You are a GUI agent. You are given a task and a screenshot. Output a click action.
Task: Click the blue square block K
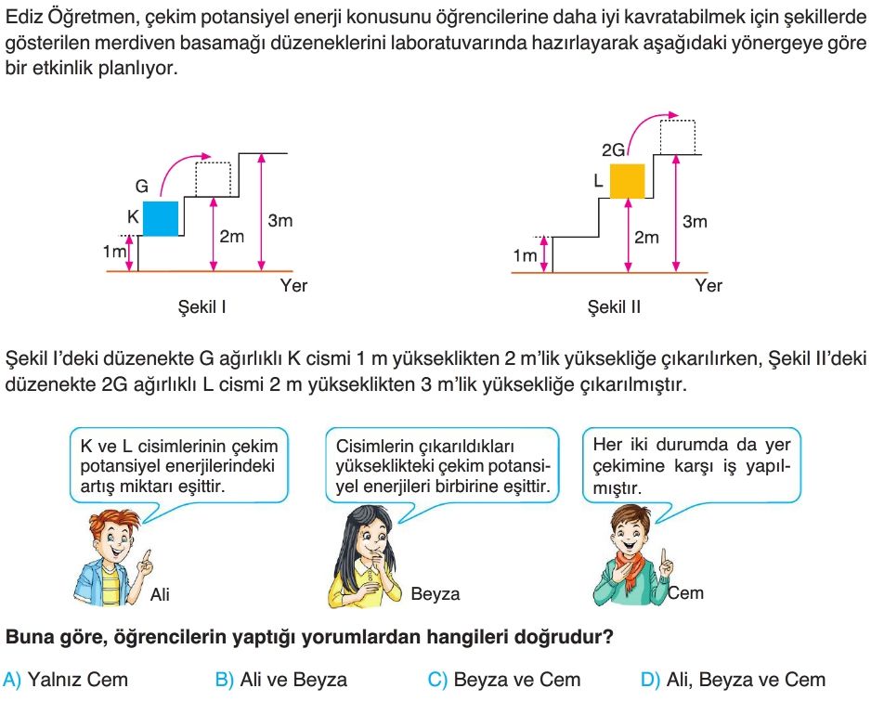pos(161,218)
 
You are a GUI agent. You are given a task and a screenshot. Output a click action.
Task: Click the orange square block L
pos(628,181)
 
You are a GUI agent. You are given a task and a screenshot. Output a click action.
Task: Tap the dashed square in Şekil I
pos(213,179)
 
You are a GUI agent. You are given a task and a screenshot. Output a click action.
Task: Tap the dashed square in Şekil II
pos(678,137)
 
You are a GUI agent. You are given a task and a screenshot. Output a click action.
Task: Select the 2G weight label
pos(613,150)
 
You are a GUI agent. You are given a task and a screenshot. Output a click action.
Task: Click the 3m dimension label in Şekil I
pos(280,221)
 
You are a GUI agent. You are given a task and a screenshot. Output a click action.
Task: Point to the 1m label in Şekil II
pos(525,255)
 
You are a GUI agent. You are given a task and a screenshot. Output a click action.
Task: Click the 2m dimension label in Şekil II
pos(646,237)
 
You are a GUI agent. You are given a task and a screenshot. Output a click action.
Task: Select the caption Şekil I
pos(201,306)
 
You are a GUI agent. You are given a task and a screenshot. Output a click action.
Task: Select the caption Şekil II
pos(614,306)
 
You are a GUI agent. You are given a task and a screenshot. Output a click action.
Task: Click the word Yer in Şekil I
pos(293,286)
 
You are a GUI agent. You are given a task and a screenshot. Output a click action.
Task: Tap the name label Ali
pos(160,594)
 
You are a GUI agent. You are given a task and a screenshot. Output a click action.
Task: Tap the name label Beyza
pos(435,594)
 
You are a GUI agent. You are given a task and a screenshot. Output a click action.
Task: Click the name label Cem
pos(686,592)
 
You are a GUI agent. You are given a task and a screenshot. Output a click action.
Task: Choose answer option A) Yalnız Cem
pos(66,680)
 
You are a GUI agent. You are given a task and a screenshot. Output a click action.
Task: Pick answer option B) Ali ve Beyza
pos(281,680)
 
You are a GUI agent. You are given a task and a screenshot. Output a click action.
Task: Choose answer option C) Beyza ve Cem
pos(504,680)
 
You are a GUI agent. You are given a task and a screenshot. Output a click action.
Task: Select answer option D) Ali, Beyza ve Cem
pos(734,680)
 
